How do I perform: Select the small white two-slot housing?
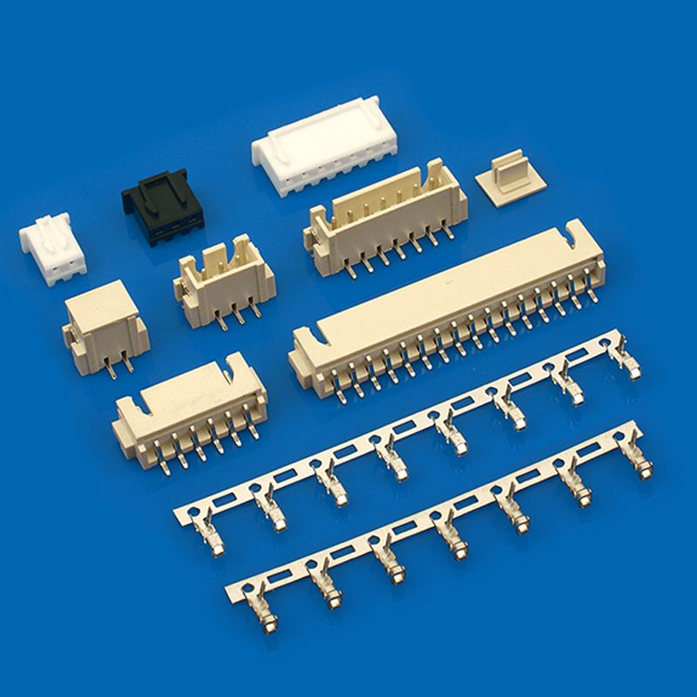pyautogui.click(x=51, y=249)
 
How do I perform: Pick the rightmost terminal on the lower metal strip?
pyautogui.click(x=645, y=462)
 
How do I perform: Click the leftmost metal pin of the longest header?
pyautogui.click(x=340, y=391)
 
